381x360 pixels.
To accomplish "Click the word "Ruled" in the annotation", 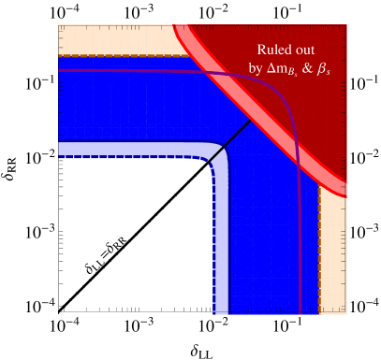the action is [271, 50].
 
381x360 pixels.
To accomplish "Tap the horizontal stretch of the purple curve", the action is [140, 70].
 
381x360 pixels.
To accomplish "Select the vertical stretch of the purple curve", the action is [299, 234].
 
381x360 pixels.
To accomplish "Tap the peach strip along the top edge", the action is [112, 41].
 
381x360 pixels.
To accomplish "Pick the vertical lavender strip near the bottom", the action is [222, 252].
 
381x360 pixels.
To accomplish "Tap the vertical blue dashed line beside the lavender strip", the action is [214, 252].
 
